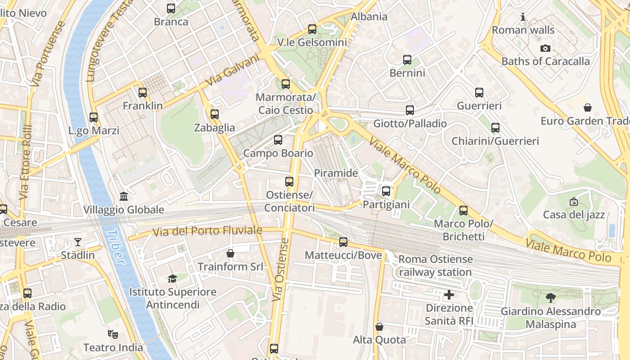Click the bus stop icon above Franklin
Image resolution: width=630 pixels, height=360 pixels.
pos(143,93)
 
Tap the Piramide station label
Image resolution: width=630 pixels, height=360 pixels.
pos(336,173)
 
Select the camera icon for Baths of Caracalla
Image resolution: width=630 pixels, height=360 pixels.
pos(545,48)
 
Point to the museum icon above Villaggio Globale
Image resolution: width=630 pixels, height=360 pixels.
pos(123,196)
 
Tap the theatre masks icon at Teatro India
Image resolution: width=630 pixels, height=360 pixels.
pos(113,334)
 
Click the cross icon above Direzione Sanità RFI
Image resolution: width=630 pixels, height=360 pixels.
pos(449,295)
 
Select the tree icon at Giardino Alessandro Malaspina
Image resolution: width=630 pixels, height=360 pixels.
pos(550,297)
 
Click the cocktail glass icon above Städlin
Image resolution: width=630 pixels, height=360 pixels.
pos(78,242)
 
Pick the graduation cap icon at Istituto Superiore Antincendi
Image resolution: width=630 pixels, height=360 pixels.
pos(172,279)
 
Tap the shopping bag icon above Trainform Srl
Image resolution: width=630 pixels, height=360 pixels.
pos(230,253)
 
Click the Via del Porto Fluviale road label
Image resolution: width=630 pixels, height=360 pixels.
pos(207,231)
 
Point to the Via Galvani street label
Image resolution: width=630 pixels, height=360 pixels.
pos(233,70)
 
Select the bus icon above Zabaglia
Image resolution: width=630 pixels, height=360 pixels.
pos(215,114)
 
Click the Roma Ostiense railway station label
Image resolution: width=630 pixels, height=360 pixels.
pos(435,265)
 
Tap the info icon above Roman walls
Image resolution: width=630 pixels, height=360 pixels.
pos(523,17)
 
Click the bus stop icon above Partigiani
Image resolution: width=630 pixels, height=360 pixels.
pos(386,191)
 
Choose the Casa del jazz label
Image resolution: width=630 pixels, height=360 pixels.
pos(574,215)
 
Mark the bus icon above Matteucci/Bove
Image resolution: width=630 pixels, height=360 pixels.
pos(343,242)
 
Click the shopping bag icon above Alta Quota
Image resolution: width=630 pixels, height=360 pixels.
pos(379,326)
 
